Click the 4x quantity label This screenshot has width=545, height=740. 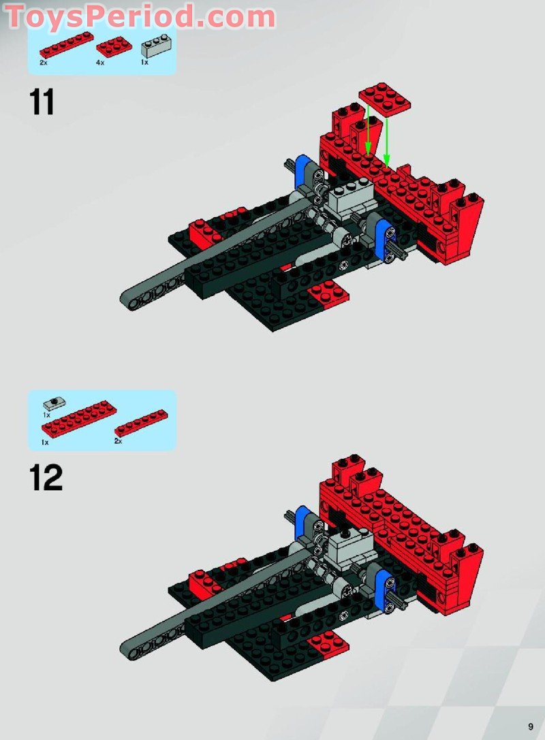tap(100, 63)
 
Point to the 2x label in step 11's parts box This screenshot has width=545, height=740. tap(44, 63)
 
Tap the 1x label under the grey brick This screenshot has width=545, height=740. tap(144, 63)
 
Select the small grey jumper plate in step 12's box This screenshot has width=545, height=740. tap(54, 403)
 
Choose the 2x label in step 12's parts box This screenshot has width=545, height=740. tap(118, 442)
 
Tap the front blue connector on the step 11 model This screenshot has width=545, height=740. tap(384, 240)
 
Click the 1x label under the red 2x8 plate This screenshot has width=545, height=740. tap(45, 442)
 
